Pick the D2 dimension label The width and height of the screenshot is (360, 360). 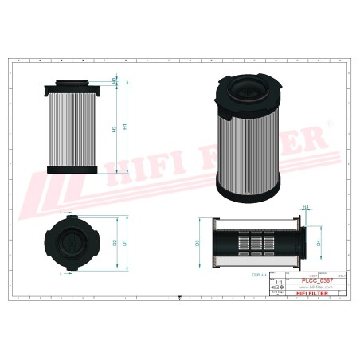pyautogui.click(x=116, y=241)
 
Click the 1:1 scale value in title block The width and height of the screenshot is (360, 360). pyautogui.click(x=277, y=282)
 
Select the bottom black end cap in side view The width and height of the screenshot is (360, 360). pyautogui.click(x=73, y=169)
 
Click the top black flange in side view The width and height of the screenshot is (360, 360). pyautogui.click(x=73, y=84)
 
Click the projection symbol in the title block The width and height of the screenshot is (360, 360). pyautogui.click(x=277, y=292)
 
